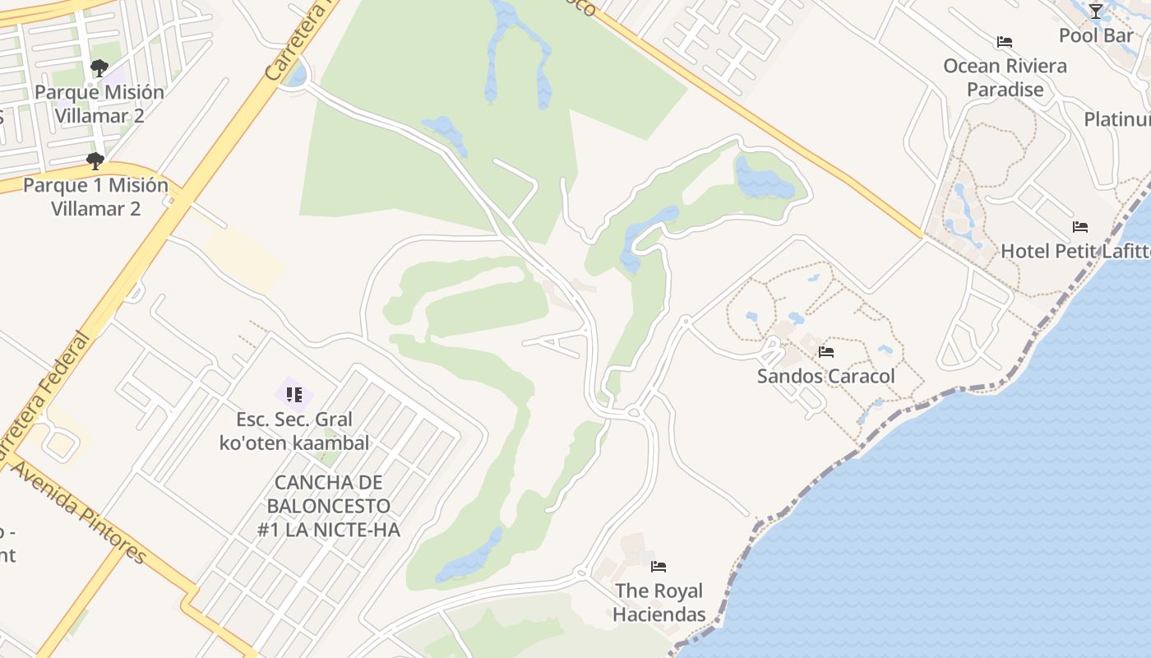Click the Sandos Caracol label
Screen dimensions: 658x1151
click(825, 376)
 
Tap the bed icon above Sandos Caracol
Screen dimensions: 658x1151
click(826, 352)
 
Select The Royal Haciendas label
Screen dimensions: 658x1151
click(659, 602)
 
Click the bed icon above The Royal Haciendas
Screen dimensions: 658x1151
click(659, 566)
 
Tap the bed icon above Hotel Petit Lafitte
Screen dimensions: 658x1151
click(1080, 227)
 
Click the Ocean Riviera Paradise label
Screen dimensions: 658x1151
click(1005, 77)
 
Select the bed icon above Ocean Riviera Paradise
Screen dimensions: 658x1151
click(1004, 42)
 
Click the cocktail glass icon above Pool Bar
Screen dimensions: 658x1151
click(1096, 12)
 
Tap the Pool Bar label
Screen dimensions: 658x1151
click(1096, 35)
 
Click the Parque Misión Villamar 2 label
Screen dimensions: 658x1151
click(99, 104)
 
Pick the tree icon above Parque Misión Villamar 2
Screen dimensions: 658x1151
click(99, 67)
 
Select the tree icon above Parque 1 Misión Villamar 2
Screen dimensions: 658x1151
click(95, 160)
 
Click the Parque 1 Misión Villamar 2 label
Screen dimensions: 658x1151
click(95, 197)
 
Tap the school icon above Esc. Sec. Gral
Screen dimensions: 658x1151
click(294, 395)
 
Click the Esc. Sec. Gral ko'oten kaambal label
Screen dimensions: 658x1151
click(294, 431)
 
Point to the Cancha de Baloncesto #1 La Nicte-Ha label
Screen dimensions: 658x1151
click(329, 506)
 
